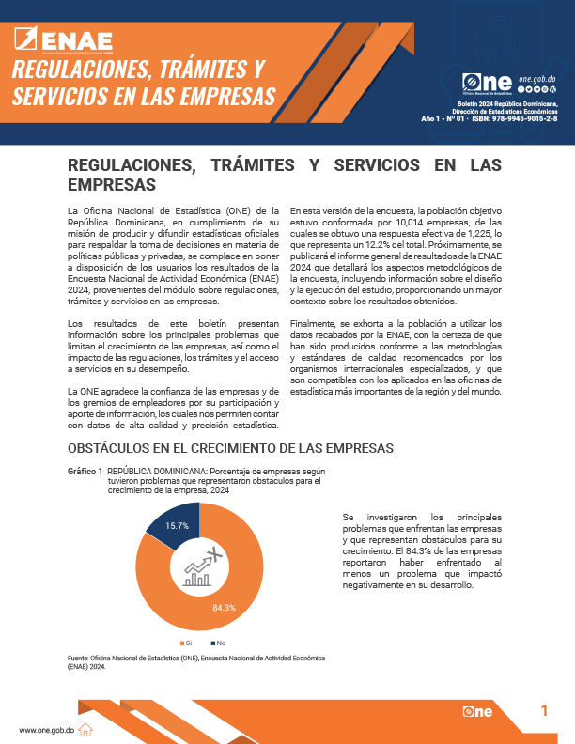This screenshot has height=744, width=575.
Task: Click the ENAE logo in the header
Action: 65,39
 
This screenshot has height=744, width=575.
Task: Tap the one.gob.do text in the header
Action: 537,80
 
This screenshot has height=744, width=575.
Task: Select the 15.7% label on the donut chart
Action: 177,525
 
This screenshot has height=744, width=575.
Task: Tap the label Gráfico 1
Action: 85,470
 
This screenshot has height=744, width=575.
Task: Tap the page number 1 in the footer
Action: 544,711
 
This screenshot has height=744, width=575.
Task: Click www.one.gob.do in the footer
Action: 47,730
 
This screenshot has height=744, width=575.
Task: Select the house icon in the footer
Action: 85,729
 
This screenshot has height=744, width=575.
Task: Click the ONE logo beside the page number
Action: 478,713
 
